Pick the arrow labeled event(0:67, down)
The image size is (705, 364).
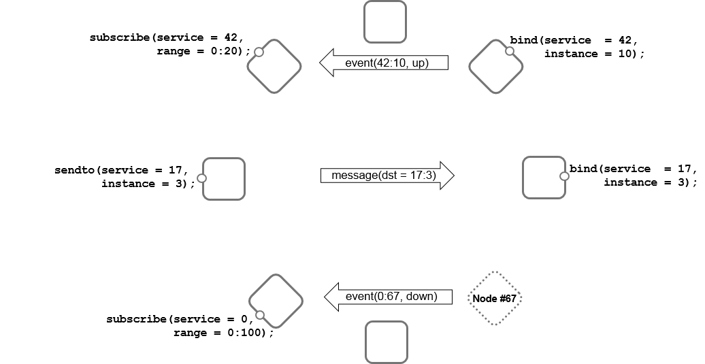(389, 297)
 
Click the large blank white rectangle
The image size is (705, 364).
(59, 107)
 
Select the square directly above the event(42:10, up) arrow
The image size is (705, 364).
(385, 22)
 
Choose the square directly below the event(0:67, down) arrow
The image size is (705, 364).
(387, 342)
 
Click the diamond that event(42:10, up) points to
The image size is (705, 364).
(274, 66)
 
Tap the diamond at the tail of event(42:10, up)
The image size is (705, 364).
(496, 66)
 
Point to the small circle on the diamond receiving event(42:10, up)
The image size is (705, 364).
(259, 52)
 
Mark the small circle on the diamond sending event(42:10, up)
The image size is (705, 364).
(509, 51)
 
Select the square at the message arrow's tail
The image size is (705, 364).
(224, 179)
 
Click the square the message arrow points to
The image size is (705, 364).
(544, 178)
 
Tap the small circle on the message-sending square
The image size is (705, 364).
(201, 178)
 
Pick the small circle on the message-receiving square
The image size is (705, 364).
(563, 176)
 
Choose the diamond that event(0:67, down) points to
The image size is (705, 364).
(276, 301)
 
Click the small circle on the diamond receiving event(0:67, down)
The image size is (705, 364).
(259, 314)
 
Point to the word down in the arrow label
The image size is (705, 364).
(435, 297)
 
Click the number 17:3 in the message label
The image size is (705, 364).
(423, 176)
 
